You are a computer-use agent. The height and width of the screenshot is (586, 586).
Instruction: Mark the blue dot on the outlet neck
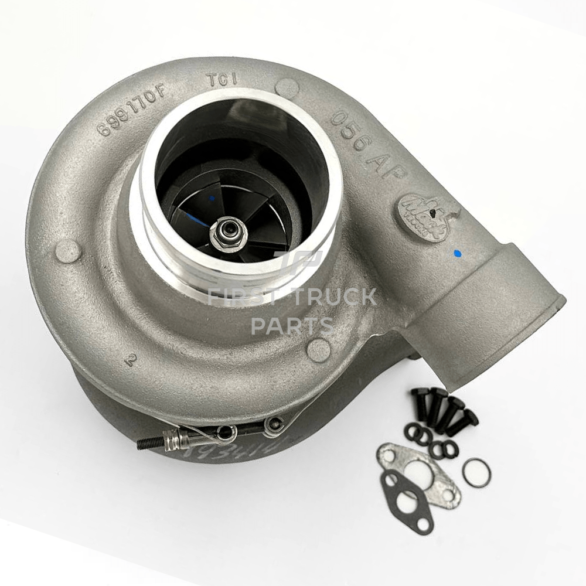[457, 254]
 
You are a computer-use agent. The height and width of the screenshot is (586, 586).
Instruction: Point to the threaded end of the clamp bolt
[149, 442]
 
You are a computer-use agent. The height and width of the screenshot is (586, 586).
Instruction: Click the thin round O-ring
[476, 473]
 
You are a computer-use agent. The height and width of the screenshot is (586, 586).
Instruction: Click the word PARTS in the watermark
[292, 326]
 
